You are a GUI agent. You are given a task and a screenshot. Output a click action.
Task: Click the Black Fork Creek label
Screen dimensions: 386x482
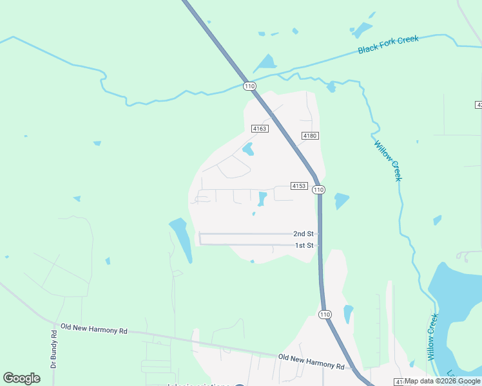[x=389, y=44]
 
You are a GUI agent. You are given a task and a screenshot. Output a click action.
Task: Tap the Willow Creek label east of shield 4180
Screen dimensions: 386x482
[x=387, y=160]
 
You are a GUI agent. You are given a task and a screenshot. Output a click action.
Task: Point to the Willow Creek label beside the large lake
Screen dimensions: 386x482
[x=432, y=336]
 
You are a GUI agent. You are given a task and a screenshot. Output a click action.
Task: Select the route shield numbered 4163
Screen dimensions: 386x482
[x=260, y=129]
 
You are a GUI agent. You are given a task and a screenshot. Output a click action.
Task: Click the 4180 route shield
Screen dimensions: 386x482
[x=311, y=136]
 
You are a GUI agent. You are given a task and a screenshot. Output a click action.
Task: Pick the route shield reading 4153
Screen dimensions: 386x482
[x=299, y=186]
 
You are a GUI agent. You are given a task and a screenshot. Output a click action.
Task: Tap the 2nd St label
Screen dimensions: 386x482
[x=304, y=234]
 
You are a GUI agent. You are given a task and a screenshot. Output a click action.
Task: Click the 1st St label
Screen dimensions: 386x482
[x=304, y=245]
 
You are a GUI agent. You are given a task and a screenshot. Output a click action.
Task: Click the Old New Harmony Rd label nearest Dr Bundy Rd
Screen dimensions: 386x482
[x=94, y=329]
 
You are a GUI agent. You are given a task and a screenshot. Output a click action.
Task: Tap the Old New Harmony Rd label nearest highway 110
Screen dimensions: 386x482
[x=311, y=361]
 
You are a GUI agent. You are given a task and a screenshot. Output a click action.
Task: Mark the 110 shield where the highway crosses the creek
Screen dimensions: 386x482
[x=250, y=86]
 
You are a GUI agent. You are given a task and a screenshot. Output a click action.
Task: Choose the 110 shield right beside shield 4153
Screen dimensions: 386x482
[x=318, y=190]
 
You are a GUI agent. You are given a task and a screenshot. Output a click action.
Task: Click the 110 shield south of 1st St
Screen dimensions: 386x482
[x=324, y=313]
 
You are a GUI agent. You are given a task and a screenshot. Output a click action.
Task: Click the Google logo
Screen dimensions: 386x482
[x=22, y=378]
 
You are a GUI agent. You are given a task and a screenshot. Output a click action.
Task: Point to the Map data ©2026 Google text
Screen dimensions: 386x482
[x=443, y=381]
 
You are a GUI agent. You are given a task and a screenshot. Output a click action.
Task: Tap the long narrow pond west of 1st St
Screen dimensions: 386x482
[x=182, y=239]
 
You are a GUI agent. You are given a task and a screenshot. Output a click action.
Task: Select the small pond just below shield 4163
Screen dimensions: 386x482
[x=247, y=151]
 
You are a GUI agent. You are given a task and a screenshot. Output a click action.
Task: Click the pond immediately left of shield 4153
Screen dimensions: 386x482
[x=262, y=199]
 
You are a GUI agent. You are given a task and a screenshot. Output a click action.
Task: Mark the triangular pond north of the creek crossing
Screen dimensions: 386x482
[x=266, y=62]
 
